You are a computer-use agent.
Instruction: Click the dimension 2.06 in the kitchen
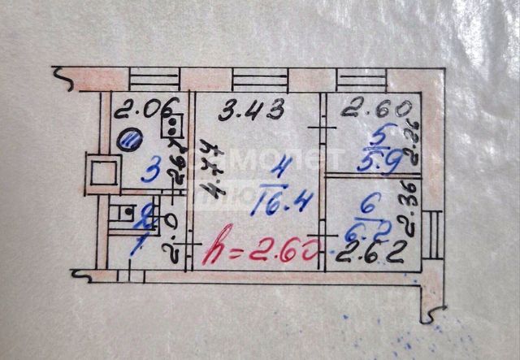coord(135,107)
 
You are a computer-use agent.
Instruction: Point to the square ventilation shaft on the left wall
coord(104,174)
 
